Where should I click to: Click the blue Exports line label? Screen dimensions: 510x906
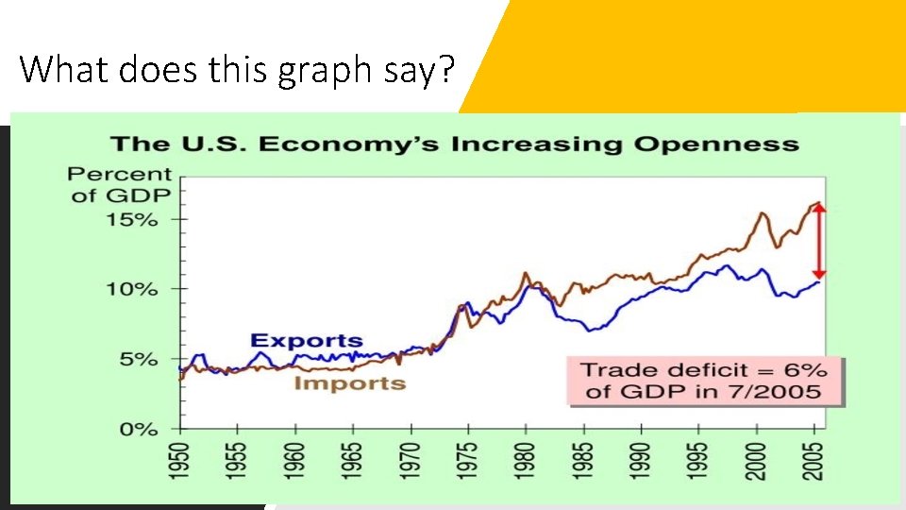306,341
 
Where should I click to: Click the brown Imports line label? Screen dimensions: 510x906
349,382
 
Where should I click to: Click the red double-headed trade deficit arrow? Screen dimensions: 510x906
819,240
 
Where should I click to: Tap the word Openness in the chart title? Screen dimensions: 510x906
716,144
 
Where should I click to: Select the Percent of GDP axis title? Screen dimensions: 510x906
120,184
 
